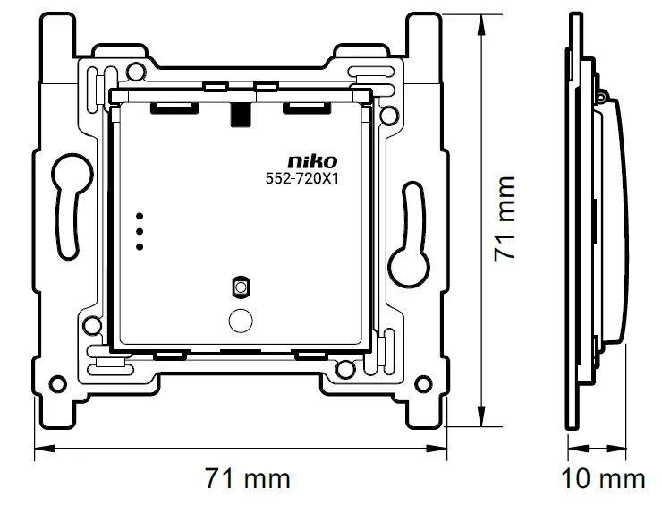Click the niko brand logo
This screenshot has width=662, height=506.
pos(314,161)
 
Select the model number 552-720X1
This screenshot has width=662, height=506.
pos(303,178)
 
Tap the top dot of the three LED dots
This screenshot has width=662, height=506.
pos(140,217)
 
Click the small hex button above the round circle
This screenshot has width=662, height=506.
pos(239,287)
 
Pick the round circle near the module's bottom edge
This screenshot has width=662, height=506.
pos(240,318)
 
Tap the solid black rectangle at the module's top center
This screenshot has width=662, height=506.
pos(240,114)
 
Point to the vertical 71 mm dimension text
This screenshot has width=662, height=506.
pos(506,219)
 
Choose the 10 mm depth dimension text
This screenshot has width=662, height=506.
pos(603,479)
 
